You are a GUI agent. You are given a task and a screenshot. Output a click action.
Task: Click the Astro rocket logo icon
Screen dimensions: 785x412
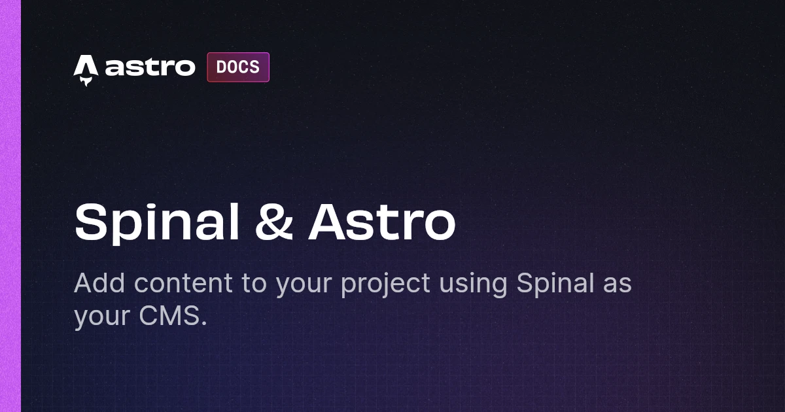click(86, 70)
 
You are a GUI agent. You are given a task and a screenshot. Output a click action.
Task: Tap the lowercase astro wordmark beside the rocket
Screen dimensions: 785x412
click(150, 67)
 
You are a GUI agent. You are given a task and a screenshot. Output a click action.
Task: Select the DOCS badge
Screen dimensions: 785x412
click(238, 67)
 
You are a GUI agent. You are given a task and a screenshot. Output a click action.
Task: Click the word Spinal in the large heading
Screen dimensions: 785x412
click(157, 223)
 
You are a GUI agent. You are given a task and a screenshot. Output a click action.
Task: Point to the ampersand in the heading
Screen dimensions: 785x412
click(274, 222)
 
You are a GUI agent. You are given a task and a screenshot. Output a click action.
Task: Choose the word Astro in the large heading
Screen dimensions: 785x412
click(382, 222)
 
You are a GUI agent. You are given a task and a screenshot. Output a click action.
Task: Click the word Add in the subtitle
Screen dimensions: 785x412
click(99, 283)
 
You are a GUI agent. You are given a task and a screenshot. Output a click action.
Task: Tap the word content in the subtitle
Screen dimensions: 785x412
click(183, 283)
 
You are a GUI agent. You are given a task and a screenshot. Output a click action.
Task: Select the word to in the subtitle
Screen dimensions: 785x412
click(254, 284)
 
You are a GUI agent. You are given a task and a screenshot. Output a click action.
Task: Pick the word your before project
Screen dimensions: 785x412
click(304, 286)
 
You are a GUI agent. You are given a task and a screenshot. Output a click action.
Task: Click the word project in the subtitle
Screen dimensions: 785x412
click(385, 284)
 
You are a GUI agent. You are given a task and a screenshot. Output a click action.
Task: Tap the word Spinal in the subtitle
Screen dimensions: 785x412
click(555, 284)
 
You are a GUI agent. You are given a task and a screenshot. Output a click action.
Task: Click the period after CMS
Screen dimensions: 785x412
click(204, 323)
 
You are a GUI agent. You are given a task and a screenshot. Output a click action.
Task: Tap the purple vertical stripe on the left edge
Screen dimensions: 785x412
click(10, 206)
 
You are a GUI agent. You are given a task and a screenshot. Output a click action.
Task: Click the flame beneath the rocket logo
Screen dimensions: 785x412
click(86, 82)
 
